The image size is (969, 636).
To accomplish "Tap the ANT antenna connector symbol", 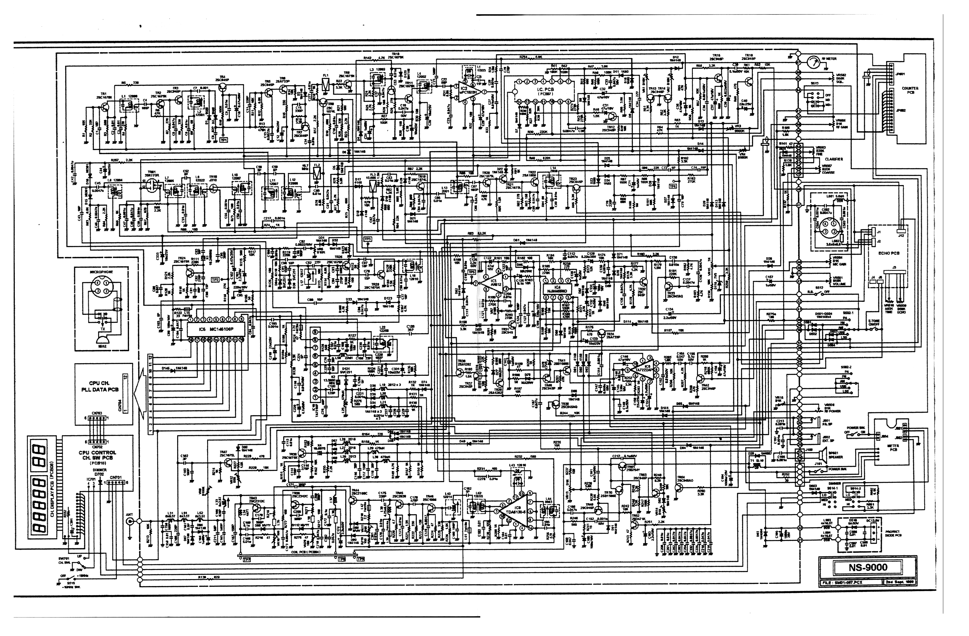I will pos(130,521).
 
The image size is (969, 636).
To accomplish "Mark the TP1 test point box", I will pos(223,140).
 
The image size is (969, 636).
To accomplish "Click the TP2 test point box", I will pos(215,280).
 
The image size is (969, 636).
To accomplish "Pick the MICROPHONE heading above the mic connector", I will pos(101,272).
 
